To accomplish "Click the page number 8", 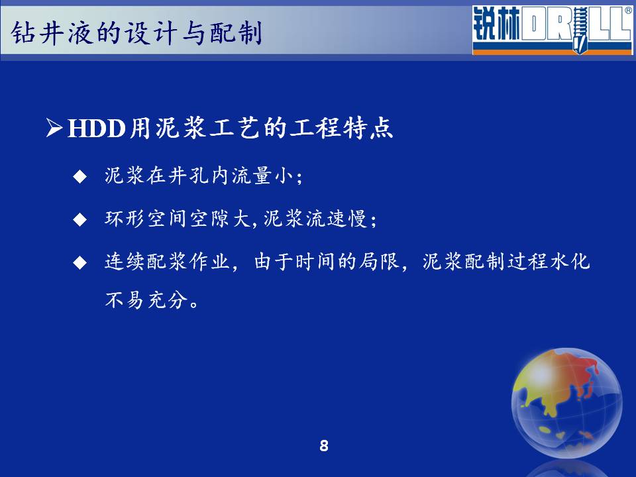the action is click(324, 445).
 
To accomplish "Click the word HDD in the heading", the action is click(97, 129).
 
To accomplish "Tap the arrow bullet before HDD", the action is click(54, 127).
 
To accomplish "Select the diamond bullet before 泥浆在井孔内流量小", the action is click(80, 176).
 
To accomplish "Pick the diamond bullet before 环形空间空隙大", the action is click(80, 219).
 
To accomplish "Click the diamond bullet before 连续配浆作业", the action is click(80, 262).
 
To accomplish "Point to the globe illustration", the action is click(566, 403).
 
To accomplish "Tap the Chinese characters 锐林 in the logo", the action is click(496, 24).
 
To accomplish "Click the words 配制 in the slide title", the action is click(236, 32).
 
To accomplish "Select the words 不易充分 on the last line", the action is click(146, 299).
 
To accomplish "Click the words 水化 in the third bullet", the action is click(570, 262).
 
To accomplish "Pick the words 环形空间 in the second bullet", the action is click(146, 219).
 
